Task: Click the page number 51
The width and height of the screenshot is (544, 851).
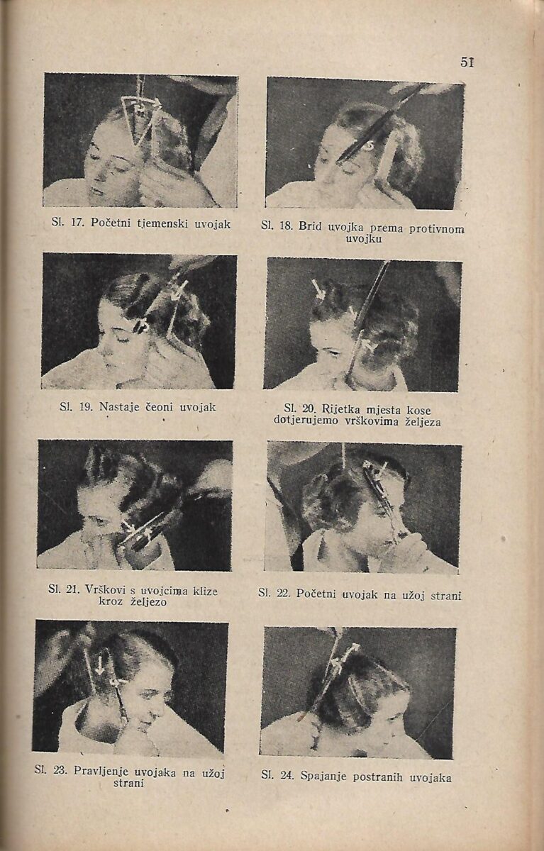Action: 467,62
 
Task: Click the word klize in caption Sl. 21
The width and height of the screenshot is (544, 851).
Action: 205,591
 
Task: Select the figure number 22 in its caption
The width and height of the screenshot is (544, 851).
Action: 284,593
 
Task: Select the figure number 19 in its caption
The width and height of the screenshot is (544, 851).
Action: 84,407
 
